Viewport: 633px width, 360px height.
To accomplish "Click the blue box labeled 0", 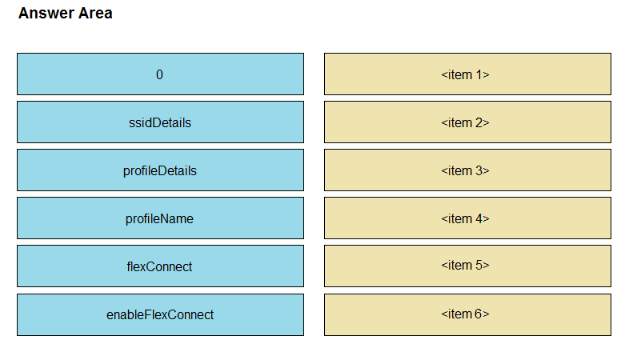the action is pos(160,74).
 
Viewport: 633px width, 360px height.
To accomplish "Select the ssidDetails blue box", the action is pos(160,122).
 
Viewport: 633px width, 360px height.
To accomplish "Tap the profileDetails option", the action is pos(160,170).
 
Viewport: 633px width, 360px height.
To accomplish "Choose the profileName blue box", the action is pos(160,218).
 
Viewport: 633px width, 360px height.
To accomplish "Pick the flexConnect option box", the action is pos(160,266).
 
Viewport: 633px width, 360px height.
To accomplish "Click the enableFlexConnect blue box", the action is pos(160,314).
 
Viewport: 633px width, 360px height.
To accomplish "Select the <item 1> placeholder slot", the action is pos(467,74).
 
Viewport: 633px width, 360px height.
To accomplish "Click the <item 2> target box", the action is pos(467,122).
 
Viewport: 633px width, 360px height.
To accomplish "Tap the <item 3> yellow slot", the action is pos(467,170).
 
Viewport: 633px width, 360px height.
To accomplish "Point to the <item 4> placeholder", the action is pos(467,218).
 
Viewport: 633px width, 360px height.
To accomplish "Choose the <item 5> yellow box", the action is pos(467,266).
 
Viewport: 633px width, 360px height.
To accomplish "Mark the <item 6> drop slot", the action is pos(467,314).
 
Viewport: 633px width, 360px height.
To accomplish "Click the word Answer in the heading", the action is pos(46,14).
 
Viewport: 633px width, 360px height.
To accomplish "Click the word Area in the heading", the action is pos(95,14).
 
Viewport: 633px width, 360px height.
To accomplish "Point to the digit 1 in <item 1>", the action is pos(479,74).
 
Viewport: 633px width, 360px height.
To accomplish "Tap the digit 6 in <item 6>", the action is pos(479,314).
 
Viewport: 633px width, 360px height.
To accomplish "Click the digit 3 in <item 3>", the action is pos(479,170).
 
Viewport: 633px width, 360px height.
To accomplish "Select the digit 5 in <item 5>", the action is pos(479,265).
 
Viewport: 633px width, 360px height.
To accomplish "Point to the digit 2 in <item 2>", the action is pos(479,122).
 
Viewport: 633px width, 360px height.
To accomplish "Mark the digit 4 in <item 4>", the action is pos(479,218).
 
